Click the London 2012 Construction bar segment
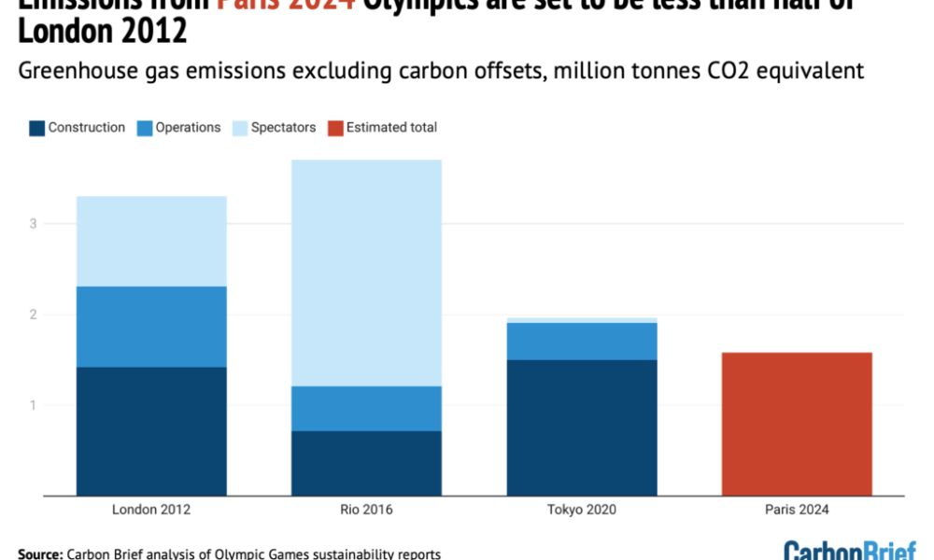coord(151,431)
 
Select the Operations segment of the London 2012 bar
coord(151,327)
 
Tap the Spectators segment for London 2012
coord(151,241)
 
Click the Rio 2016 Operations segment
coord(366,408)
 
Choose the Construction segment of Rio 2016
coord(366,463)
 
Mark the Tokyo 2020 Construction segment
coord(582,427)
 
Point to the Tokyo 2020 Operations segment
coord(582,341)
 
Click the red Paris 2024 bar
coord(797,424)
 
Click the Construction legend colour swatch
coord(36,128)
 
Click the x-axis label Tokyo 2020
coord(582,511)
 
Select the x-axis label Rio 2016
coord(366,511)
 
